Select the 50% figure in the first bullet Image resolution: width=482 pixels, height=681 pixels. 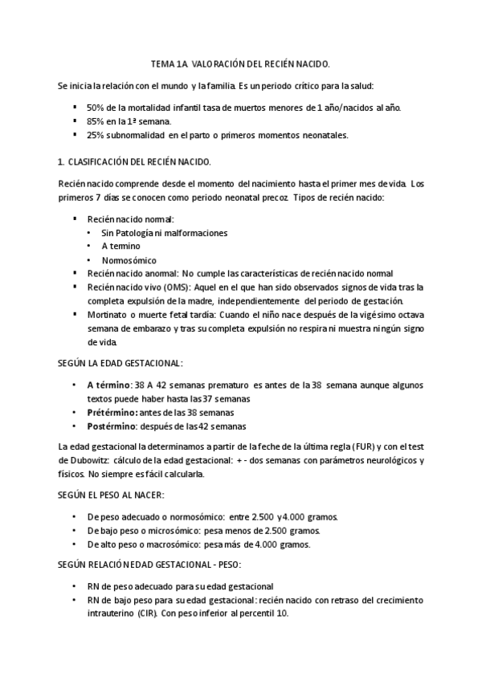(x=95, y=108)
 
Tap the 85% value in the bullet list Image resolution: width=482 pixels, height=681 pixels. (x=95, y=121)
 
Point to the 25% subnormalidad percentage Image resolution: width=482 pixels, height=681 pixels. (x=95, y=135)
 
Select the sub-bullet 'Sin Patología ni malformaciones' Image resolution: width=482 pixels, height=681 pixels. (x=164, y=233)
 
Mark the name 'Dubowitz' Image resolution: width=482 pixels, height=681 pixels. (x=90, y=460)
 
